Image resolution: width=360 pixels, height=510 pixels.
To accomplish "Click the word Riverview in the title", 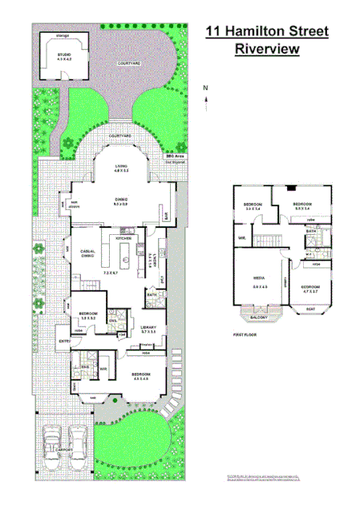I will click(267, 49).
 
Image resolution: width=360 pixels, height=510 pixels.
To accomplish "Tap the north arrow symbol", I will click(206, 100).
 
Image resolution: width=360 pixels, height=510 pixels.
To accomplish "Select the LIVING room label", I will click(121, 167).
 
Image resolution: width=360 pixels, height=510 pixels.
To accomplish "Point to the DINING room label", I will click(121, 199).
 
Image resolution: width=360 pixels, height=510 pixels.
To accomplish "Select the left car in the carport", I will click(53, 441).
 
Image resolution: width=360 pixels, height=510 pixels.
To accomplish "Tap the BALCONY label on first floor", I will click(258, 318).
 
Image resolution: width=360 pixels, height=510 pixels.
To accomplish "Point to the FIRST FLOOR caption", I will click(245, 334).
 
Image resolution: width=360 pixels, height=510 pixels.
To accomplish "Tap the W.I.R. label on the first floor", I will click(241, 238).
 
